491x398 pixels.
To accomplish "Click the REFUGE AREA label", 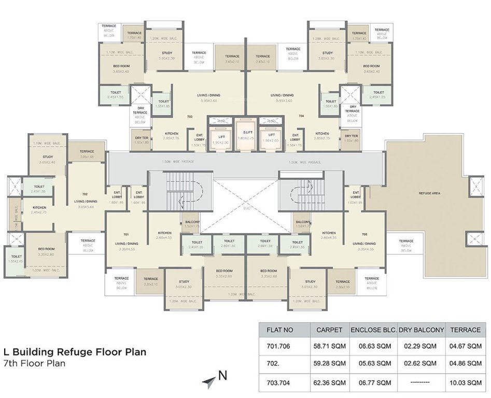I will click(429, 193).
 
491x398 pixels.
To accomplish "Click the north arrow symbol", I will click(209, 381).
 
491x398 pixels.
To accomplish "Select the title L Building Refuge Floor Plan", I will click(75, 352).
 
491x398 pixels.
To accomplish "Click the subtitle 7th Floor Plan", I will click(34, 363).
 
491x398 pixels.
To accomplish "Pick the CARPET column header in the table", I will click(329, 330).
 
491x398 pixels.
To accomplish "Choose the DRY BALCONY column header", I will click(422, 330).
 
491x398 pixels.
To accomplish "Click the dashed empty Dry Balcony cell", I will click(422, 383).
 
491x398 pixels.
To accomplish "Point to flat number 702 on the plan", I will click(84, 193).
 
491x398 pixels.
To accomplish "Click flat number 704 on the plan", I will click(301, 117).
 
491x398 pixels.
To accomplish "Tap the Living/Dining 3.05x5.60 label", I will click(84, 203).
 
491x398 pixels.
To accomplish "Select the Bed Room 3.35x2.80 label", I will click(46, 252).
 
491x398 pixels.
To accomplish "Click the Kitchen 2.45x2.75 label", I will click(39, 209).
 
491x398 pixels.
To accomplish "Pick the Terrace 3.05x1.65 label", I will click(87, 154).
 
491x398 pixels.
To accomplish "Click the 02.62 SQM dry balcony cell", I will click(422, 364).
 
